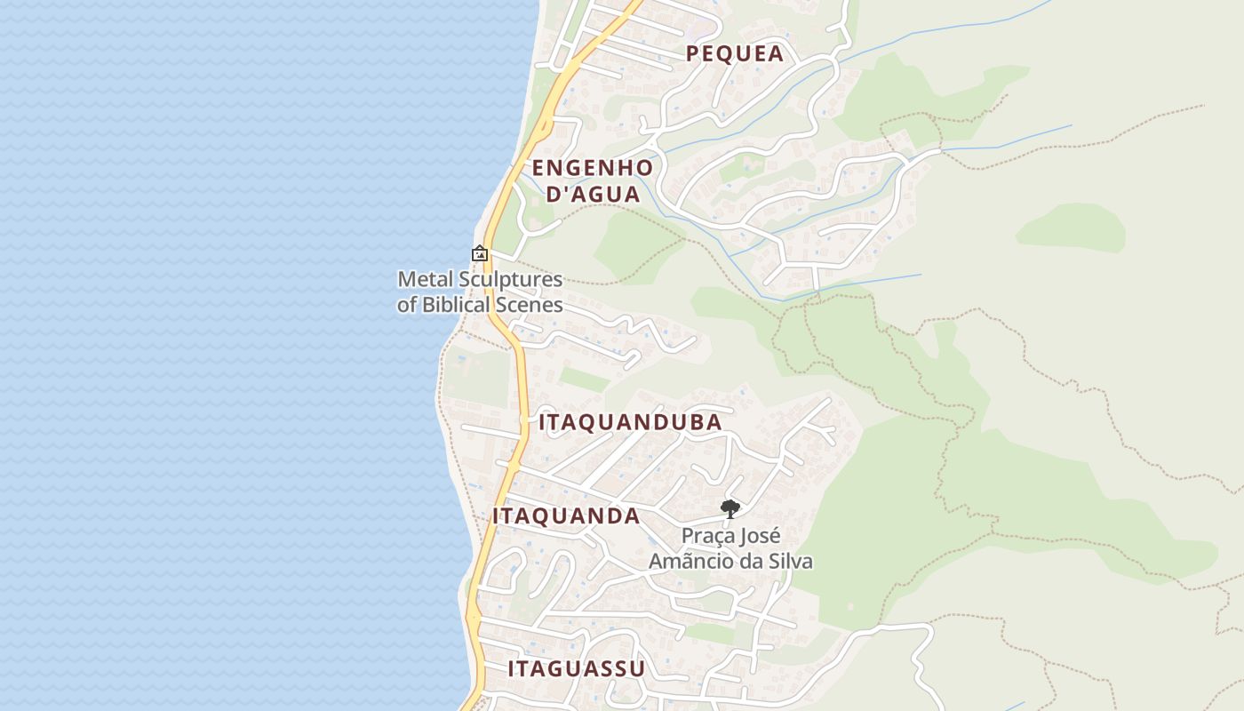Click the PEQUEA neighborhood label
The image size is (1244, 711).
(735, 53)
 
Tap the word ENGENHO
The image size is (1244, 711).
(592, 167)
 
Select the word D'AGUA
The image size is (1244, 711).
(592, 194)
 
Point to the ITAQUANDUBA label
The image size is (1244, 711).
(630, 422)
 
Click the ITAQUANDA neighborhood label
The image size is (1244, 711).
(566, 515)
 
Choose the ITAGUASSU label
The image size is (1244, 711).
(576, 668)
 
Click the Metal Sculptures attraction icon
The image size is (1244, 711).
(480, 253)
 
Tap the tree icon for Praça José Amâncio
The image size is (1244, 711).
(730, 508)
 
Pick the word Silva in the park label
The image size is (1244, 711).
(789, 561)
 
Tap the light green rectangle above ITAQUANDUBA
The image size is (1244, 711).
(584, 379)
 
